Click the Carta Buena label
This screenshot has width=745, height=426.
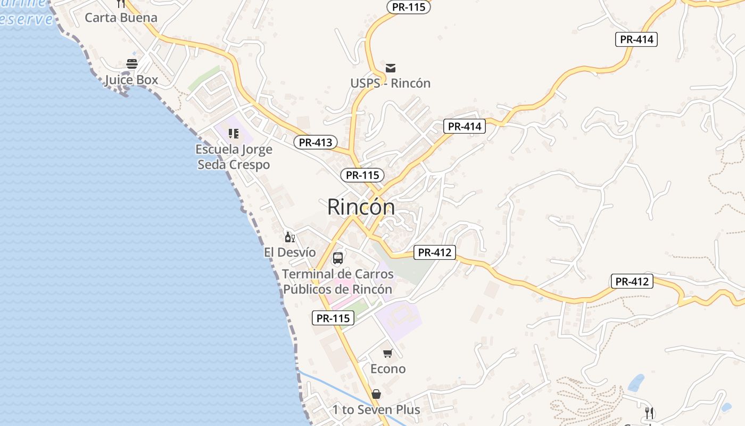pos(121,18)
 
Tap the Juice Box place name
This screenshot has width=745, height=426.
pos(131,80)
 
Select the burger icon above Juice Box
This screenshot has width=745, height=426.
pos(132,64)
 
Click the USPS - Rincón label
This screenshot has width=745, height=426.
pos(390,83)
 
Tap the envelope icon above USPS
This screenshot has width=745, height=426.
pos(391,68)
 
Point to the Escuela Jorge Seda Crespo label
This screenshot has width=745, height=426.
pos(234,157)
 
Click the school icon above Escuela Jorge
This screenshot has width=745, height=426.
pos(234,133)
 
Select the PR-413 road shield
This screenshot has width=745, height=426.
pos(316,142)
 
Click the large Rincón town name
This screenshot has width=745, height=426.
pos(361,207)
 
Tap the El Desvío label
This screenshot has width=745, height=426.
pos(290,252)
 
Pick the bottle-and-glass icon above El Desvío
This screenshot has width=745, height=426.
pos(289,237)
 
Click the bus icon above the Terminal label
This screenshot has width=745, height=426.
pos(337,258)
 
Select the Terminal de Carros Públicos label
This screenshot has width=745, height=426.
pos(337,282)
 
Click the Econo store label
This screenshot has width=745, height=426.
pos(388,368)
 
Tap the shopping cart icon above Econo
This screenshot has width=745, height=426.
pos(388,353)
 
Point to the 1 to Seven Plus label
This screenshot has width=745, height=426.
pos(376,409)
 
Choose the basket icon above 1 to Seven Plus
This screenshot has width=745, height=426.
pos(376,394)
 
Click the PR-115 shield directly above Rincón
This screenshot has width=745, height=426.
pos(362,175)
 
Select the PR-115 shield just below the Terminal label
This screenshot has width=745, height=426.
pos(333,318)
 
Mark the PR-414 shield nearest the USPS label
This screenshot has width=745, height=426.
pos(465,126)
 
